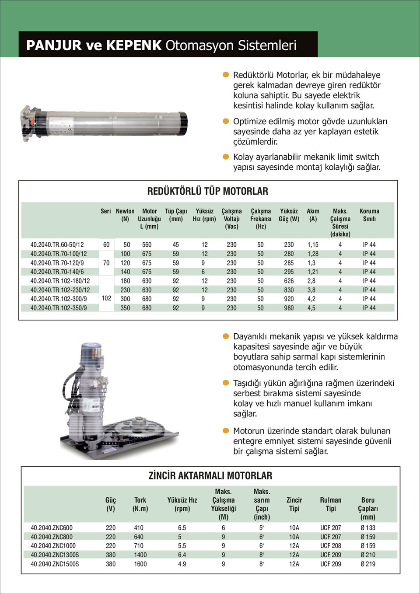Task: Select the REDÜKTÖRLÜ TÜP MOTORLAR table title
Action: (x=208, y=191)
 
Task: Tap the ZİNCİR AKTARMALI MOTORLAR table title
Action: (x=210, y=475)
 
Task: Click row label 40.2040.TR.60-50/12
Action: (x=57, y=245)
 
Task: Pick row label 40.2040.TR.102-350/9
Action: (x=59, y=308)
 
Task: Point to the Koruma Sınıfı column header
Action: (x=369, y=215)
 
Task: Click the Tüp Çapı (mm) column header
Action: (x=176, y=215)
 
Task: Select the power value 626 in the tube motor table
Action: (x=289, y=281)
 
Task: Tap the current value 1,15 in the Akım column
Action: (x=313, y=245)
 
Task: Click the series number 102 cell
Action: (x=106, y=298)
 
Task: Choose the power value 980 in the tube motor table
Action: (x=289, y=308)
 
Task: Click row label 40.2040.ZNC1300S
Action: (x=55, y=555)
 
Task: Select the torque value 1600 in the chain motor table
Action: (x=140, y=564)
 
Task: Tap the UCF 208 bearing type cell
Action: (x=331, y=545)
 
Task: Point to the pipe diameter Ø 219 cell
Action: (x=368, y=564)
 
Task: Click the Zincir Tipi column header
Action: (x=294, y=504)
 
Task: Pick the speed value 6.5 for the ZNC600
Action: (x=182, y=528)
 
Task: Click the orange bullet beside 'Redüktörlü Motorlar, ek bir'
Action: (x=226, y=75)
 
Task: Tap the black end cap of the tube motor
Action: (x=183, y=123)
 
